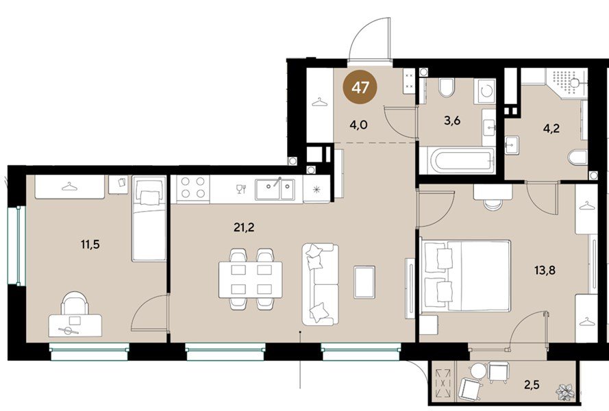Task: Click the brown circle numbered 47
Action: (360, 87)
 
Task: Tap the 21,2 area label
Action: (244, 227)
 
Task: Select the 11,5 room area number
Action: (90, 245)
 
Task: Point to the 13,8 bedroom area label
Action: (545, 270)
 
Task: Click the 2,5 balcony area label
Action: (532, 385)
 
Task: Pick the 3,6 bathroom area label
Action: (452, 121)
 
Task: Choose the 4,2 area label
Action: (551, 128)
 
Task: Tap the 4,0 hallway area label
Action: (358, 125)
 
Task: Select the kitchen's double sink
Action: (275, 189)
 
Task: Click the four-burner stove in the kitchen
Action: (192, 187)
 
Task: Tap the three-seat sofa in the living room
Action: (321, 284)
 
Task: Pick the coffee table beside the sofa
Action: (364, 282)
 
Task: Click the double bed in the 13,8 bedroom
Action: (466, 276)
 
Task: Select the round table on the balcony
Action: (477, 371)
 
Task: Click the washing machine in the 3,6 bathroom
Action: (484, 91)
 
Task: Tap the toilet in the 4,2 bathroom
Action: (577, 158)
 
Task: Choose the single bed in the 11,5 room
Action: (149, 219)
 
